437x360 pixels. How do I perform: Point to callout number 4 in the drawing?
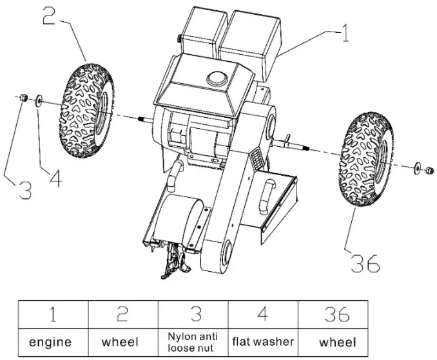(55, 178)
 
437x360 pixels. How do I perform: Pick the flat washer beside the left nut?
(39, 100)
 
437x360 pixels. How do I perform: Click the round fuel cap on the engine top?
(215, 77)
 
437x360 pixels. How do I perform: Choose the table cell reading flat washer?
(263, 341)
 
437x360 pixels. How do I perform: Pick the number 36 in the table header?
(336, 314)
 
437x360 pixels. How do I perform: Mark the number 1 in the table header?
(52, 314)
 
